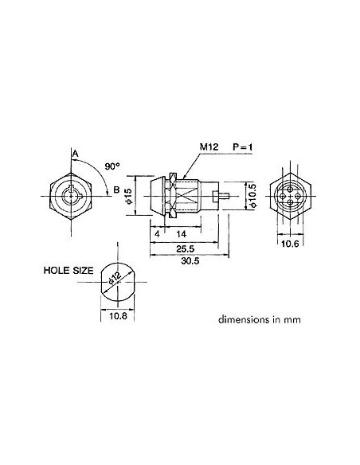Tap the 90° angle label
click(x=112, y=167)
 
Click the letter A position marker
click(x=74, y=153)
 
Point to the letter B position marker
click(x=116, y=190)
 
